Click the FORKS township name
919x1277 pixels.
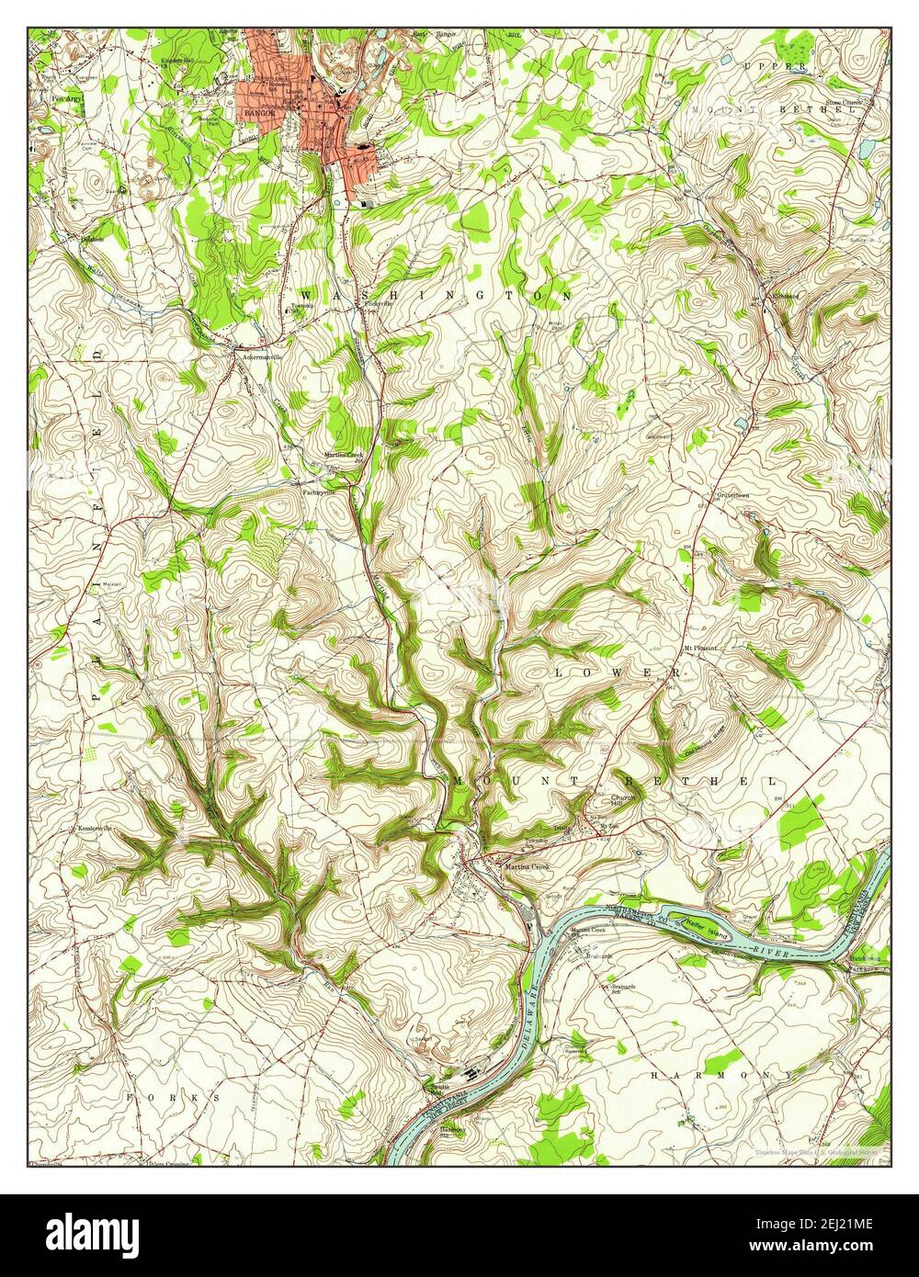(x=175, y=1097)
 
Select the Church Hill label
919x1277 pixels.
(x=623, y=801)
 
